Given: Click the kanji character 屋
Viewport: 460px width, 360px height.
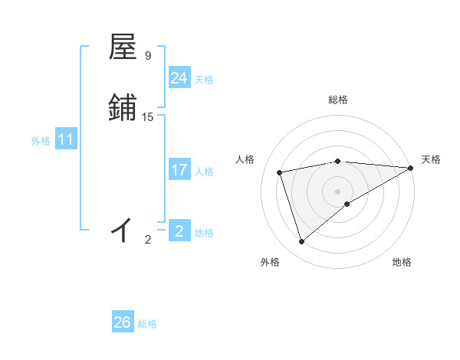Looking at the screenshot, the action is click(x=123, y=47).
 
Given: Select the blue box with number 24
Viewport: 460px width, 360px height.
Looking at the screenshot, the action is click(x=179, y=78).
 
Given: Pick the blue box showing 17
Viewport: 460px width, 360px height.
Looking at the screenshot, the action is click(x=179, y=170).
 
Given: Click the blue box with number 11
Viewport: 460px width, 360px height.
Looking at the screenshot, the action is click(x=66, y=140).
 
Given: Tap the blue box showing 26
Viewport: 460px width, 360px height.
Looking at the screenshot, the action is click(x=123, y=322).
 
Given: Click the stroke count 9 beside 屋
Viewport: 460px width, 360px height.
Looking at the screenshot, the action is click(x=148, y=56).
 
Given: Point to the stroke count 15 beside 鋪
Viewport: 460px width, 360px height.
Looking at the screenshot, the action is click(x=148, y=117).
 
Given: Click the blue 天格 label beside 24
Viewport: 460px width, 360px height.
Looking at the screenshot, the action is click(x=204, y=80).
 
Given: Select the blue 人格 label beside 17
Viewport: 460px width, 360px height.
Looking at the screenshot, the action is click(x=204, y=172).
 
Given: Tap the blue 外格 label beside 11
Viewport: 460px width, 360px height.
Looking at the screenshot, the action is click(x=41, y=141).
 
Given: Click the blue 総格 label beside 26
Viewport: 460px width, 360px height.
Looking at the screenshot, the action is click(x=147, y=324).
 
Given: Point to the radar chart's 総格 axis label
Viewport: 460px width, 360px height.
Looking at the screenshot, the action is click(x=338, y=100).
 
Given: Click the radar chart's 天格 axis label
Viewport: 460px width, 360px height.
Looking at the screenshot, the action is click(x=431, y=159).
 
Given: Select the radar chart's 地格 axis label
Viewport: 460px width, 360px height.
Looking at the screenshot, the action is click(x=402, y=262).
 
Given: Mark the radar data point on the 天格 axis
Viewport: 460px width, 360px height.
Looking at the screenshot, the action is click(x=411, y=167).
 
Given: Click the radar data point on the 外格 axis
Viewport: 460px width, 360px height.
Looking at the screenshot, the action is click(x=301, y=242).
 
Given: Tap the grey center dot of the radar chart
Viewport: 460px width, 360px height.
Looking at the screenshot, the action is click(x=338, y=191).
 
